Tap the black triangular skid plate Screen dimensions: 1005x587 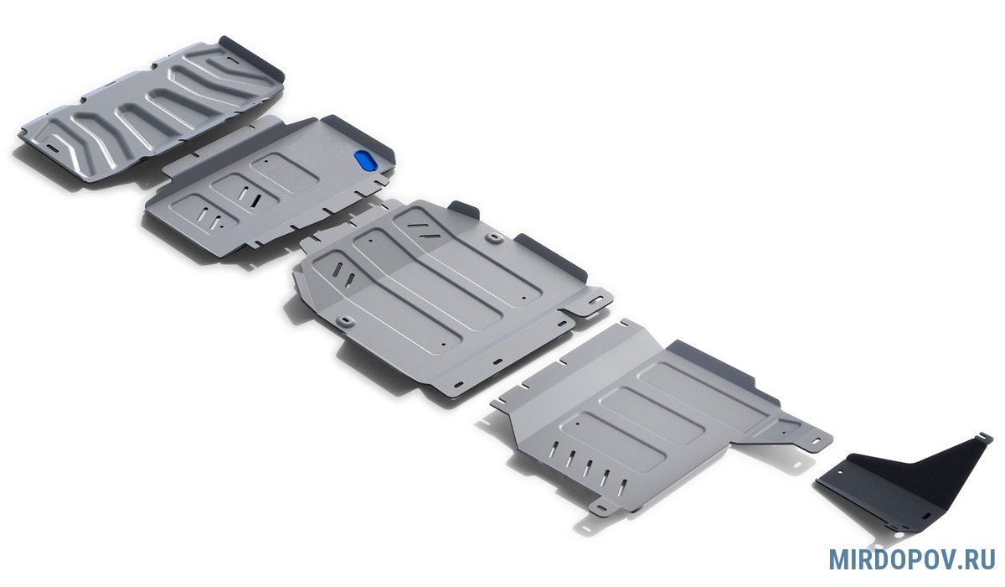coord(902,485)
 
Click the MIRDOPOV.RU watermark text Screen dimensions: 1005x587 coord(910,560)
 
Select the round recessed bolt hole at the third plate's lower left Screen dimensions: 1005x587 coord(345,321)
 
